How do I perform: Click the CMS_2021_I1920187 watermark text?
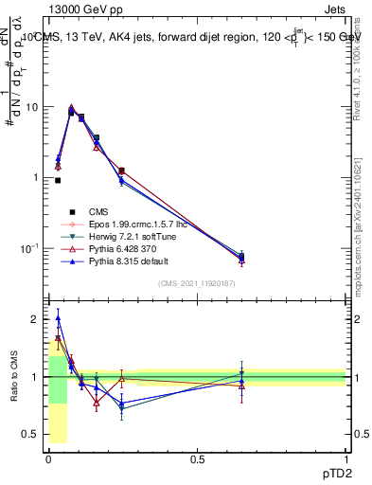197,283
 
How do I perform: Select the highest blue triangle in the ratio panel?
58,318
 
